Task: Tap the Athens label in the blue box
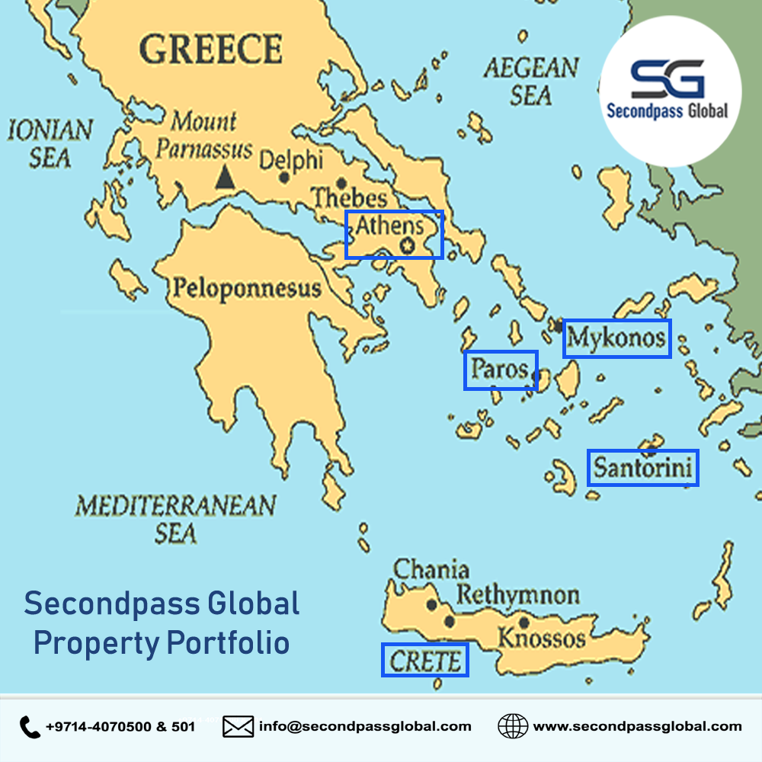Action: tap(389, 226)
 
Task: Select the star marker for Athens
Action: tap(407, 245)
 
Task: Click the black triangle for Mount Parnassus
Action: tap(224, 178)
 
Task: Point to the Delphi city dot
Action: tap(284, 178)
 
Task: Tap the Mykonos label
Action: tap(616, 338)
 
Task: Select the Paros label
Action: tap(499, 369)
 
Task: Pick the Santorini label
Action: tap(643, 467)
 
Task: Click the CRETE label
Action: tap(425, 661)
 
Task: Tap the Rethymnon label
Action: tap(518, 595)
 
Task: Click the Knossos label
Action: tap(542, 637)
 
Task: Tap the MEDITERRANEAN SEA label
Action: tap(175, 518)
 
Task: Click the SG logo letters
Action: tap(668, 78)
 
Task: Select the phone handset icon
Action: tap(30, 727)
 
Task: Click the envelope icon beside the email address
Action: tap(238, 727)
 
